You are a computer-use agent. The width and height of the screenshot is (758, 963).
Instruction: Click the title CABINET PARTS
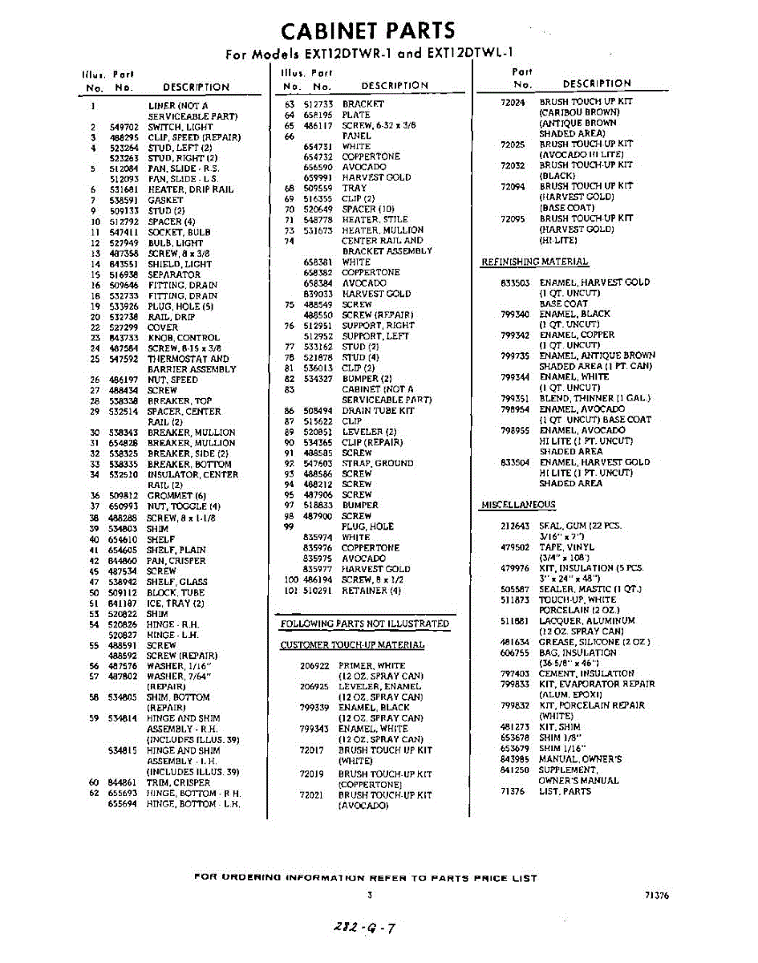tap(368, 30)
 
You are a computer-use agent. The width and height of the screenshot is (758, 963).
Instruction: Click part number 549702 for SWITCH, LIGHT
tap(124, 127)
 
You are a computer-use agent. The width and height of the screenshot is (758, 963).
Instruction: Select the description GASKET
tap(165, 200)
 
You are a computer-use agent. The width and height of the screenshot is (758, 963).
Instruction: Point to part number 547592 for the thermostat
tap(124, 359)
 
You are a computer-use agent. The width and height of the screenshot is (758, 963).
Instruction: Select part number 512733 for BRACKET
tap(319, 104)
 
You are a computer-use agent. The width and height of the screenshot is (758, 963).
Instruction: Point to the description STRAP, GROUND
tap(377, 463)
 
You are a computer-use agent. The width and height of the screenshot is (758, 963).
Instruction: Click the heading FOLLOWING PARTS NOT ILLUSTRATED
tap(364, 624)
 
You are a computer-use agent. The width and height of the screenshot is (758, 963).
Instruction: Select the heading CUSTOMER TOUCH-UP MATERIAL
tap(352, 645)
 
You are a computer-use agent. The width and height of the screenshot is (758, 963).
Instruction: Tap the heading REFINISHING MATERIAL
tap(534, 262)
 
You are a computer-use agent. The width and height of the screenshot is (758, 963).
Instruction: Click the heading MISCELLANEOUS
tap(517, 505)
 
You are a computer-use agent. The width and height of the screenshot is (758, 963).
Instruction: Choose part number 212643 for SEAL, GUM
tap(515, 526)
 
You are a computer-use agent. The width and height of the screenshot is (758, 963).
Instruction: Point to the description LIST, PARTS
tap(565, 791)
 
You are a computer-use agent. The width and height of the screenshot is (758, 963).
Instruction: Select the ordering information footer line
tap(366, 878)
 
